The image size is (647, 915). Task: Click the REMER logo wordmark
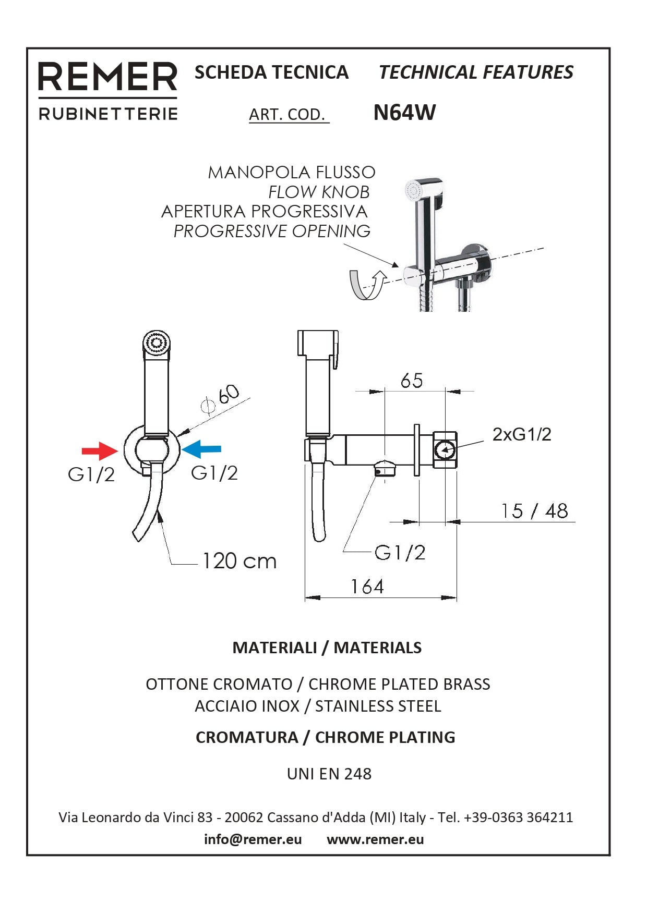(x=107, y=77)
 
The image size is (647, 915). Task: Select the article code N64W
(x=404, y=113)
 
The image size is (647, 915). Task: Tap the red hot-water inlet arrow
(x=100, y=450)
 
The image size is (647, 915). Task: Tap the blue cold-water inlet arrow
(x=201, y=448)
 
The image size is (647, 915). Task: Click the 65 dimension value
(x=411, y=381)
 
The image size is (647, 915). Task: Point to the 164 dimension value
(x=367, y=587)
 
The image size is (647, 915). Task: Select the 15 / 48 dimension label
(x=534, y=511)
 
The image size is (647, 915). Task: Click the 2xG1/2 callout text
(x=521, y=434)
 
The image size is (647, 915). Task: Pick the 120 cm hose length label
(x=239, y=562)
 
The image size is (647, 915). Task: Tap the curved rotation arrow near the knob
(x=366, y=285)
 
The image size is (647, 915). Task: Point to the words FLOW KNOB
(x=319, y=192)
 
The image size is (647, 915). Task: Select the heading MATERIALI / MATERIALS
(x=327, y=648)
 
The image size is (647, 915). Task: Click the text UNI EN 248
(x=329, y=774)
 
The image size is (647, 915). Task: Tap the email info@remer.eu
(x=253, y=839)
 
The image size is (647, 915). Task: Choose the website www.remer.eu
(x=375, y=839)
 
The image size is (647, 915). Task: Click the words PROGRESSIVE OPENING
(x=272, y=231)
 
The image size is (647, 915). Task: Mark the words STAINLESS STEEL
(x=378, y=706)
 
